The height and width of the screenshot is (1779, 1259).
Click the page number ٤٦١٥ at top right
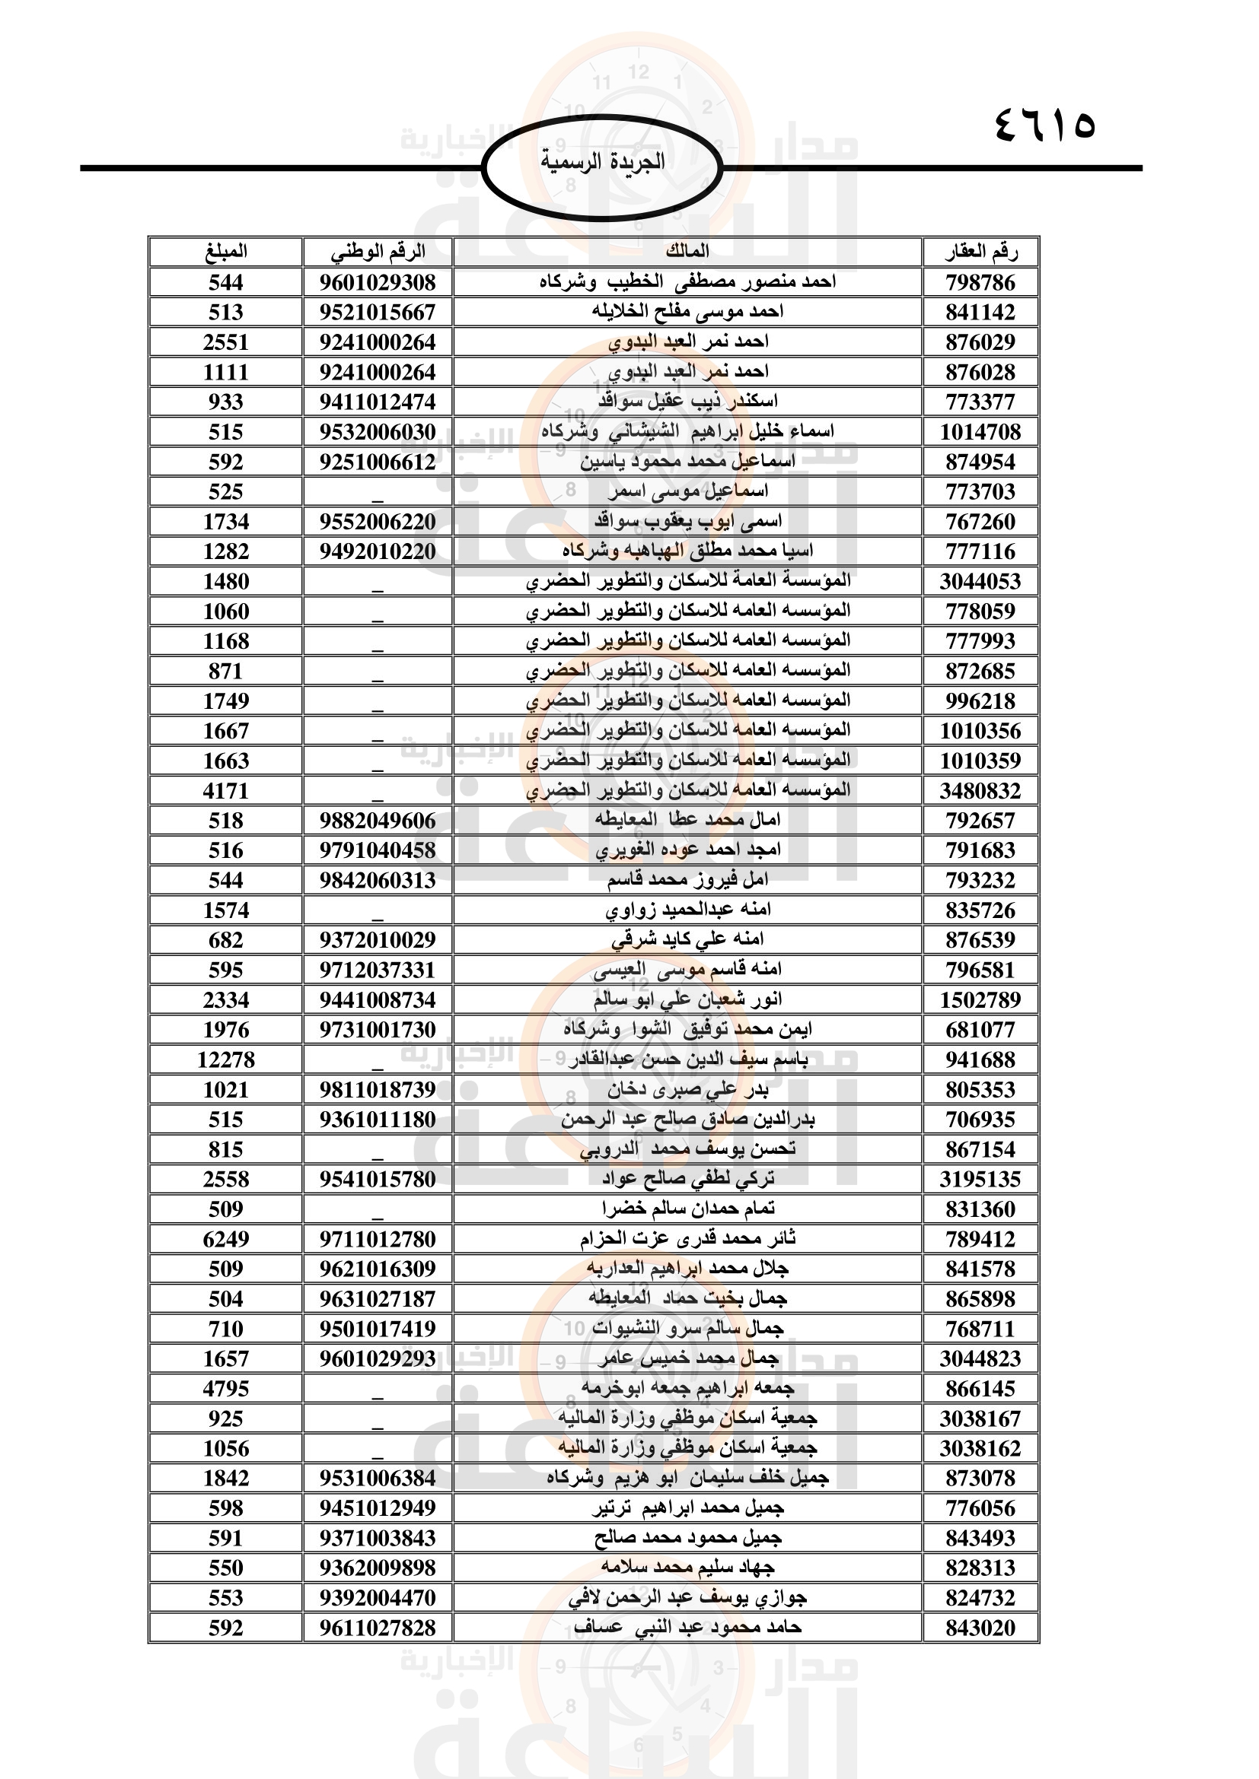tap(1044, 124)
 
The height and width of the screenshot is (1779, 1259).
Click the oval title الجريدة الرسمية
tap(601, 162)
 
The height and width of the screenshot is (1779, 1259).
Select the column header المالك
tap(687, 251)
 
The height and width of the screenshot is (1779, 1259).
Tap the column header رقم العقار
tap(980, 251)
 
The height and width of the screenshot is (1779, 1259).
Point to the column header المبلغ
tap(225, 251)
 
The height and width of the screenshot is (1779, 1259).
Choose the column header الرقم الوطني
tap(378, 251)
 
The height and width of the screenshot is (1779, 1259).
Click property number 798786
tap(980, 282)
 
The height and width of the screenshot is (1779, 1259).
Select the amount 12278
tap(225, 1059)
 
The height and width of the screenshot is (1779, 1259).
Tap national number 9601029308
tap(378, 282)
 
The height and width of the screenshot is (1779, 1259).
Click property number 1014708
tap(980, 431)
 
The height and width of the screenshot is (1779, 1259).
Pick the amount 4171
tap(225, 790)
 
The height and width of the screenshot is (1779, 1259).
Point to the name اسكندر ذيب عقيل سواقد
tap(687, 402)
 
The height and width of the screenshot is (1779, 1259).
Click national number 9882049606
tap(378, 821)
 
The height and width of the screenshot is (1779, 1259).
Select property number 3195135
tap(980, 1180)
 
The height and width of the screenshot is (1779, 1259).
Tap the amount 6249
tap(225, 1239)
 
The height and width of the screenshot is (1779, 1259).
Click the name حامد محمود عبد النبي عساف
tap(687, 1628)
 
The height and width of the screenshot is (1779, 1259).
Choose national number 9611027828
tap(378, 1628)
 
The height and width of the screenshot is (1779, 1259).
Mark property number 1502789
tap(980, 999)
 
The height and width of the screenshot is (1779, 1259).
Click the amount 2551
tap(225, 342)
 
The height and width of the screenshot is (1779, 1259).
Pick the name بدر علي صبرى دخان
tap(687, 1089)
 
